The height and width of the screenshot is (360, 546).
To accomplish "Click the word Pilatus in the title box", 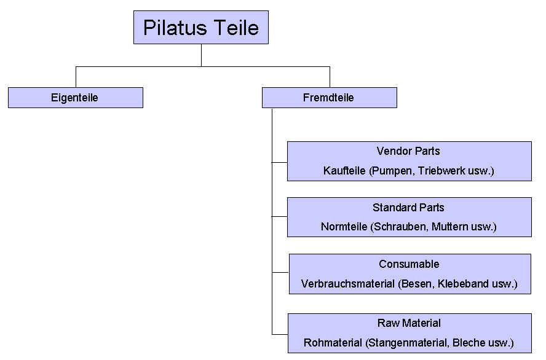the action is click(175, 28).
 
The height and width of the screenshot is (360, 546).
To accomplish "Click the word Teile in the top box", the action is click(236, 28).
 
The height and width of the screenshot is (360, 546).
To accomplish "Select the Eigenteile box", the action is click(76, 98).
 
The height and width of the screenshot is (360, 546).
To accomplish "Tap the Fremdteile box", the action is click(330, 98).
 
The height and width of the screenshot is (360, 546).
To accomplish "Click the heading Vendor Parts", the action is click(408, 151).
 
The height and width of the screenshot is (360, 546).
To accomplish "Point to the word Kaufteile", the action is click(344, 171).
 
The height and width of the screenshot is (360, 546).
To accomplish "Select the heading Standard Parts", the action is click(408, 208).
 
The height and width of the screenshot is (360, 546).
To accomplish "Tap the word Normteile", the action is click(344, 227).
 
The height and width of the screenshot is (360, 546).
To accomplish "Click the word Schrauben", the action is click(399, 227).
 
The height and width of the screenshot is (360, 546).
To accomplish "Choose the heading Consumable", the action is click(409, 264).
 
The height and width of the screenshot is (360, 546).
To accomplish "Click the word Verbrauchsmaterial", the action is click(348, 284).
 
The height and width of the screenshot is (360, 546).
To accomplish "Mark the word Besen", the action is click(416, 284).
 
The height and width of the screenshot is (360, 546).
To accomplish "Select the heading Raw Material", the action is click(409, 323).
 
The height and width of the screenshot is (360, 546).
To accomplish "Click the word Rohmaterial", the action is click(333, 343).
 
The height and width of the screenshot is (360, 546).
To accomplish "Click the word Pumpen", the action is click(392, 171).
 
